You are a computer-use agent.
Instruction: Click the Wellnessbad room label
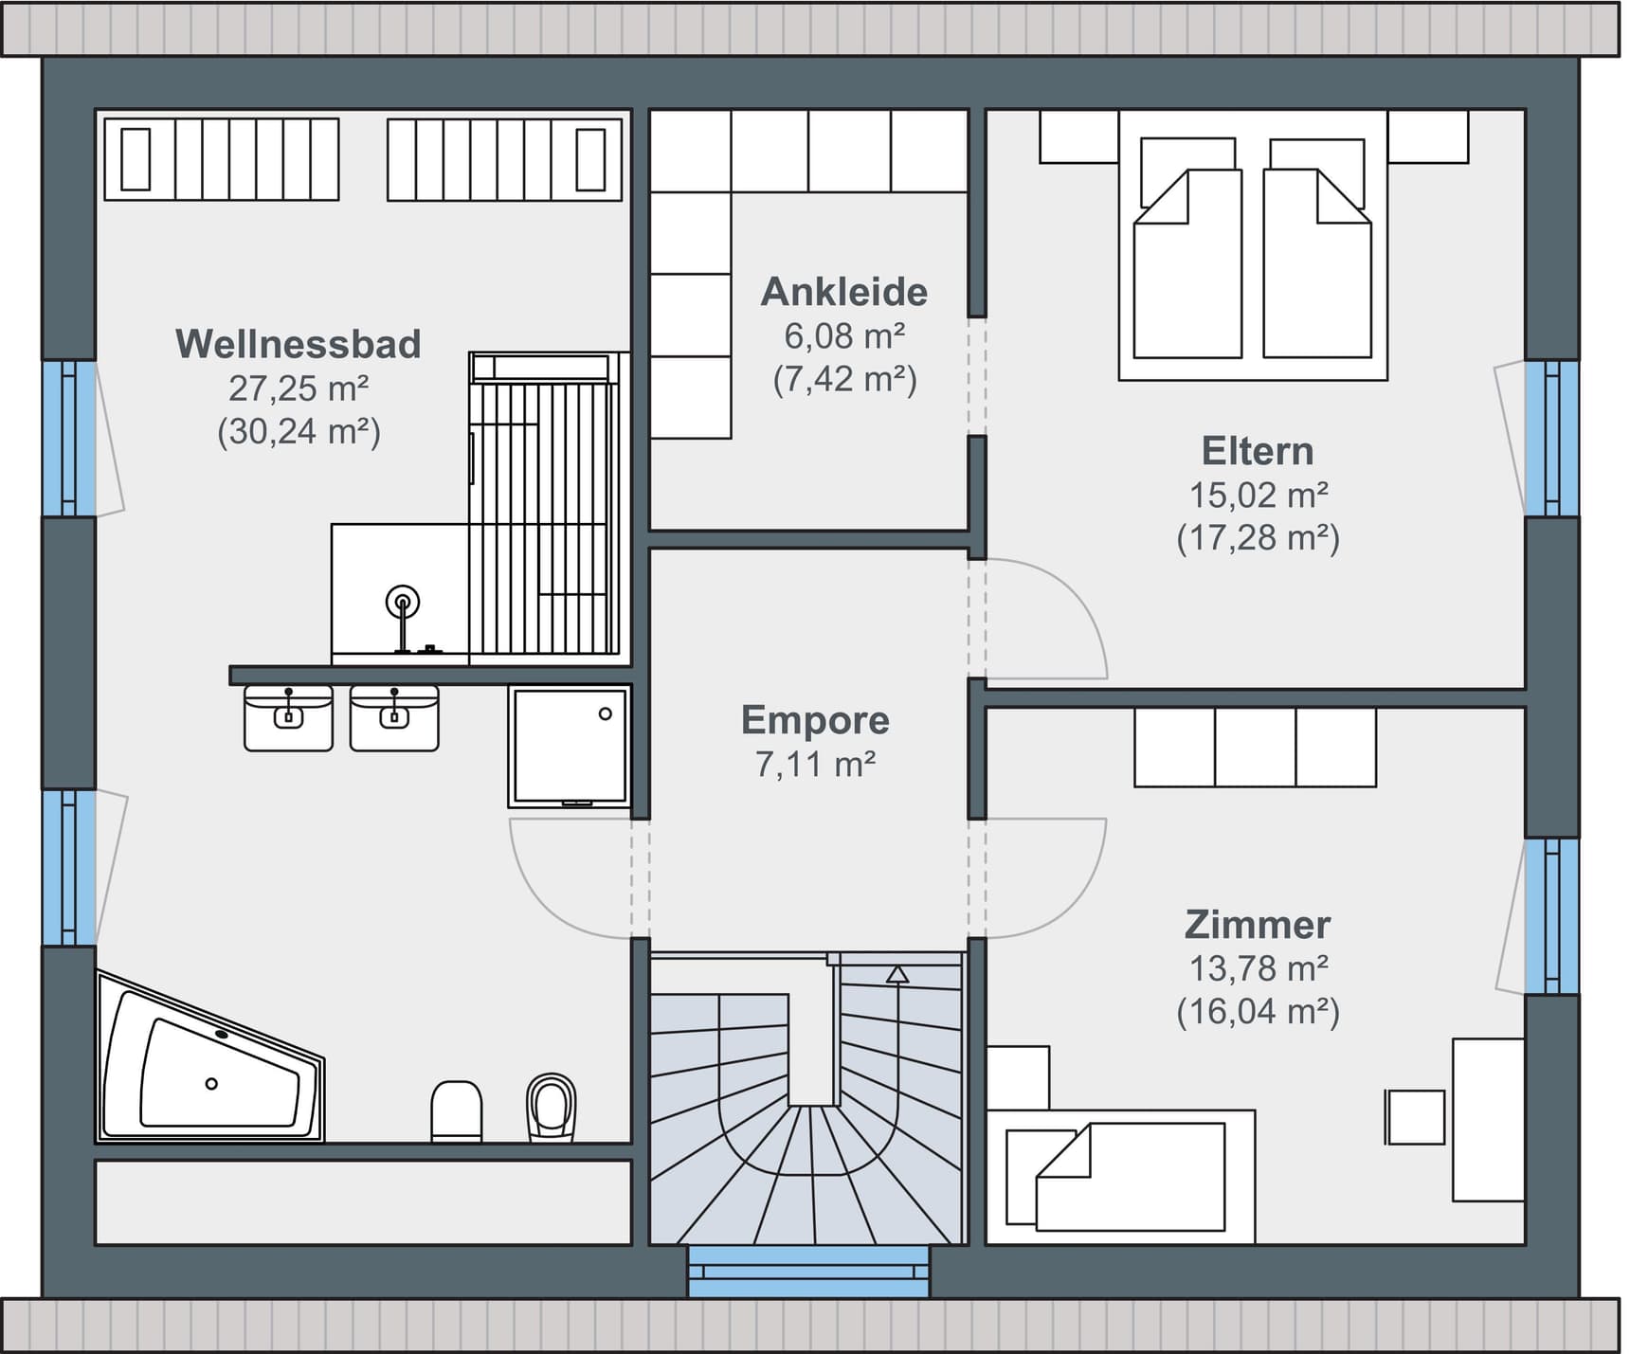point(299,344)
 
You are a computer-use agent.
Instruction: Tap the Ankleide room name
point(844,292)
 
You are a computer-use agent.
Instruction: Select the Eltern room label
point(1258,451)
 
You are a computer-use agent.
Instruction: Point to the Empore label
point(815,720)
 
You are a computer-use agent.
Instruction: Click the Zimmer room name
point(1258,925)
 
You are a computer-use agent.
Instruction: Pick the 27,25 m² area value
point(299,388)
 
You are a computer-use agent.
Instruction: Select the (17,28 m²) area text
point(1259,538)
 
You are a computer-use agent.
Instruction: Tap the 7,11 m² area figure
point(815,764)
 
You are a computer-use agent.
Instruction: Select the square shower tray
point(570,746)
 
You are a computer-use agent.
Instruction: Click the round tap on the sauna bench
point(403,602)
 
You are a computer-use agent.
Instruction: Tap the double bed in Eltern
point(1253,245)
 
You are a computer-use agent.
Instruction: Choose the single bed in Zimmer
point(1121,1176)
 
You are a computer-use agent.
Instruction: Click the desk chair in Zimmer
point(1415,1116)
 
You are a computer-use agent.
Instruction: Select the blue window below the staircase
point(808,1272)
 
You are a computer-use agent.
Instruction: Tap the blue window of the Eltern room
point(1551,438)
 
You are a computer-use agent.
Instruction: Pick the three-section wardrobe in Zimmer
point(1255,747)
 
